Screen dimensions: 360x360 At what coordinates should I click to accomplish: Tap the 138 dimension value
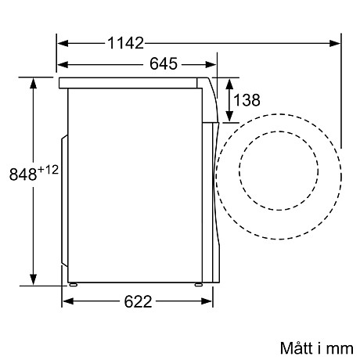(x=246, y=99)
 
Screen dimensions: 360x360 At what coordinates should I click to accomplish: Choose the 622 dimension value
(x=138, y=301)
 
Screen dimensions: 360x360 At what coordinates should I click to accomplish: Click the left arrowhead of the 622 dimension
(x=67, y=301)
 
